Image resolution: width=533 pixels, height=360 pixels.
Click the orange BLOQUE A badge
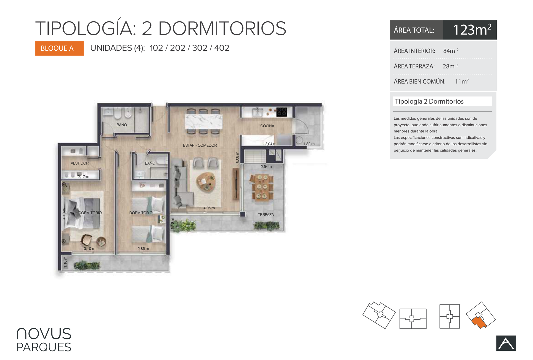(59, 48)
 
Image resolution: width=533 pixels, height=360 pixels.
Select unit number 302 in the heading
(200, 48)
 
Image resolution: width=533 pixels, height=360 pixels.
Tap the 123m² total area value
(472, 30)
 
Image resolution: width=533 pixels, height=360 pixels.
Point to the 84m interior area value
(451, 51)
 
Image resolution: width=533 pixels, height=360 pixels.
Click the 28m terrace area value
(450, 66)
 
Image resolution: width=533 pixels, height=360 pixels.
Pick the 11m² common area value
(462, 81)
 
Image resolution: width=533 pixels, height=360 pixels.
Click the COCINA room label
(267, 126)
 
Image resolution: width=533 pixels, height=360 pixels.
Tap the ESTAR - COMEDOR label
(200, 145)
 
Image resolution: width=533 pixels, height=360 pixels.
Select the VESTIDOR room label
(80, 163)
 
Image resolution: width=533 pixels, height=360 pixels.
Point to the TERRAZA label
(266, 214)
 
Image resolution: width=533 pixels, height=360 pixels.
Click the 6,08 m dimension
(237, 157)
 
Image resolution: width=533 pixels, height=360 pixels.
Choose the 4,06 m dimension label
(209, 208)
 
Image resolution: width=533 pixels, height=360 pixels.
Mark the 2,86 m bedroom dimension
(143, 249)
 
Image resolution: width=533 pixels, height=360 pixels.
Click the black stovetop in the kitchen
(282, 112)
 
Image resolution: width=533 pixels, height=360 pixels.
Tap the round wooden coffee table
(206, 182)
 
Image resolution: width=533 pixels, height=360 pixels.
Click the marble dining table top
(204, 122)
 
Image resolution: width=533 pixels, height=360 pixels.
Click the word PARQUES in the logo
(44, 347)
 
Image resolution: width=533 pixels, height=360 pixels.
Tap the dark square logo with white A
(506, 343)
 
